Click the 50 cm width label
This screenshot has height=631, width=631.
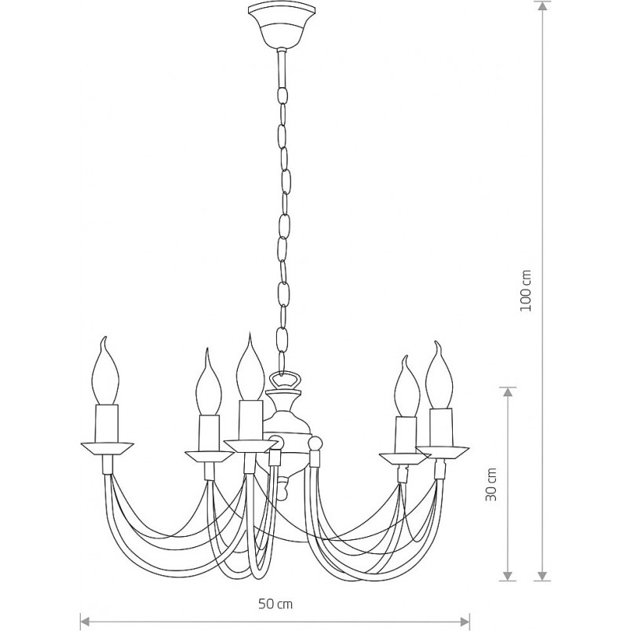[275, 604]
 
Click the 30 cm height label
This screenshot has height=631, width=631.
[491, 484]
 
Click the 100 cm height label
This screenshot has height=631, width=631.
[526, 290]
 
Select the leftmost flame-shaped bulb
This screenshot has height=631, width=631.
[105, 370]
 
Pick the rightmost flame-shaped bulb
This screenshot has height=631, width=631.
[440, 375]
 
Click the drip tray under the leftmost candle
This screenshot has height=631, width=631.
[107, 449]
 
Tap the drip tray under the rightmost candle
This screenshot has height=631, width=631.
[443, 452]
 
